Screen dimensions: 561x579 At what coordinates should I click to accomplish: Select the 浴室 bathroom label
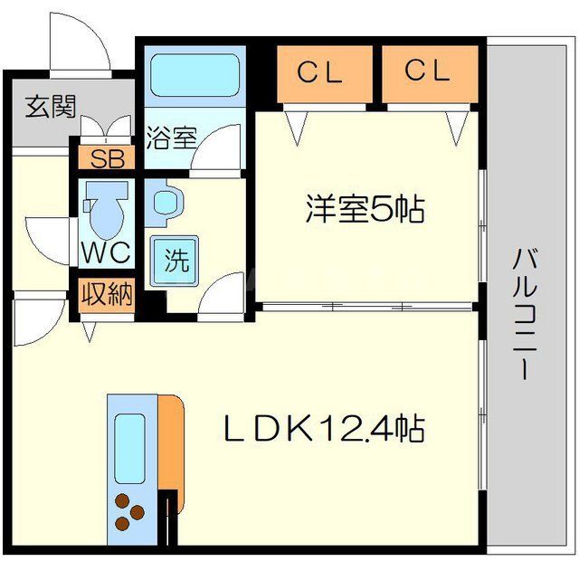170,138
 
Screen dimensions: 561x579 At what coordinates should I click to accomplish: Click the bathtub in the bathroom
194,74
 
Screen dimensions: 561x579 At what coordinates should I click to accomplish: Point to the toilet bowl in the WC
108,213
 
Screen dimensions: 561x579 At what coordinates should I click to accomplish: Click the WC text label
107,253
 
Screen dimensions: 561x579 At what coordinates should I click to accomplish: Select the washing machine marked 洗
176,261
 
